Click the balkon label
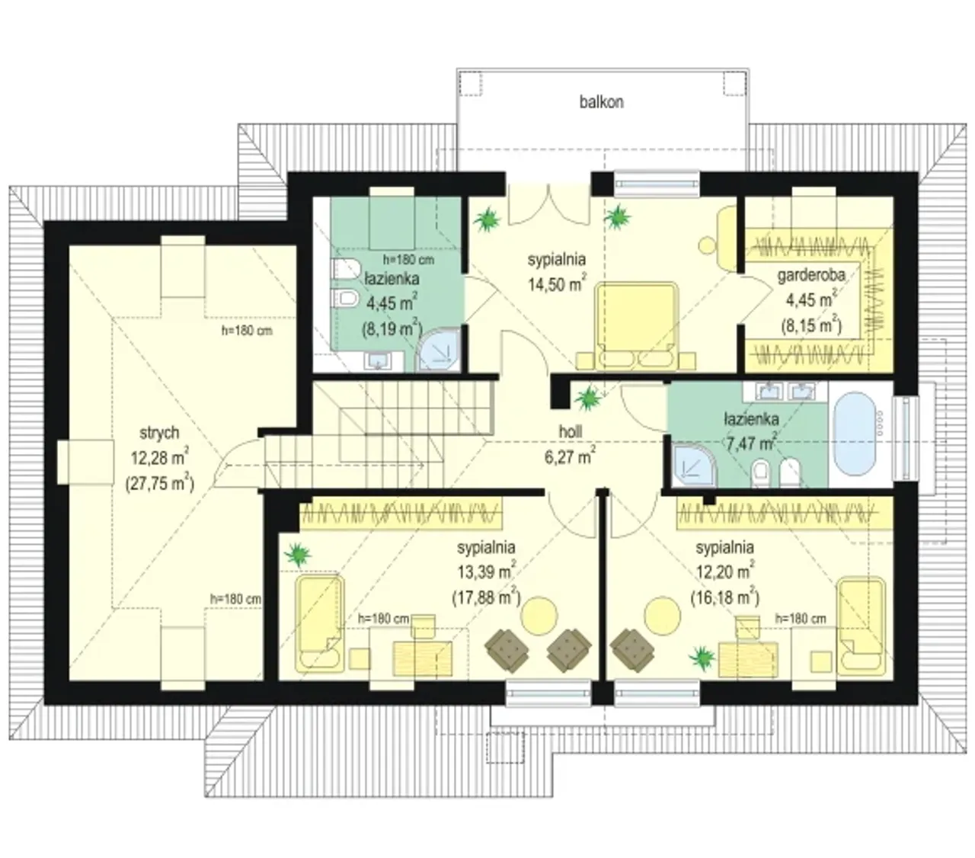[602, 102]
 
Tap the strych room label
[159, 433]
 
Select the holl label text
[571, 431]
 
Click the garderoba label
[811, 275]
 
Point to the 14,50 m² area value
[558, 283]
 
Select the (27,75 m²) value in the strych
[160, 483]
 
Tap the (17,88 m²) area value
[486, 597]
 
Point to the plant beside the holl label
[587, 399]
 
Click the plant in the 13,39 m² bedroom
[297, 555]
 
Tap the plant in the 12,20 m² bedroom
[702, 658]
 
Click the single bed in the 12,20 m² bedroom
[861, 626]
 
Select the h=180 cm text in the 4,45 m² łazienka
[408, 260]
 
